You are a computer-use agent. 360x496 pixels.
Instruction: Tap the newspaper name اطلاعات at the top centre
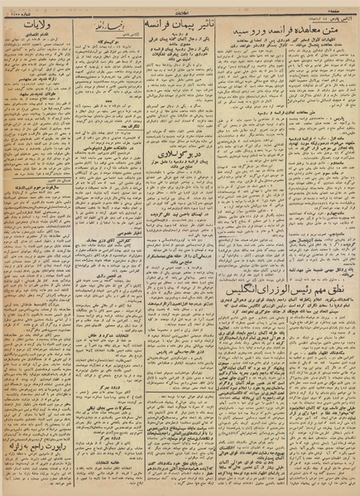point(180,7)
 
